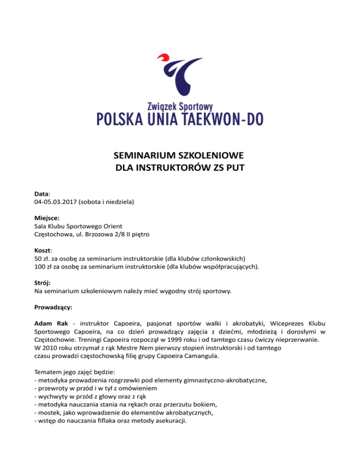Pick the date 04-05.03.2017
[56, 202]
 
